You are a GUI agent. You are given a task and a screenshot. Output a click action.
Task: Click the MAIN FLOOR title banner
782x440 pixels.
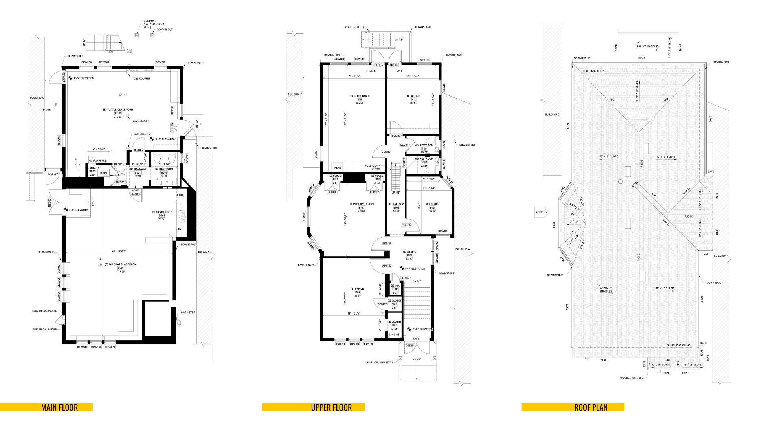coord(59,407)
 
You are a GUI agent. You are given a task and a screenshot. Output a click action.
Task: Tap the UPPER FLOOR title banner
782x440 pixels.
coord(331,407)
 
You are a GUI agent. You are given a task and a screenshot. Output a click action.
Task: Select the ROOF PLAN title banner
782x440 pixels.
coord(591,407)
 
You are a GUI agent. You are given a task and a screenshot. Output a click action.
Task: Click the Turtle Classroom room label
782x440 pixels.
coord(118,110)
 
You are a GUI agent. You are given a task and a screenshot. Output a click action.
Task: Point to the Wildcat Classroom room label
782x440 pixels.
coord(121,264)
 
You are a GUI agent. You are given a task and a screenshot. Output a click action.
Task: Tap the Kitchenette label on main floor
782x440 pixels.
coord(162,212)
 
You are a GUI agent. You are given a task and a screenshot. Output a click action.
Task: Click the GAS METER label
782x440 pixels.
coord(188,312)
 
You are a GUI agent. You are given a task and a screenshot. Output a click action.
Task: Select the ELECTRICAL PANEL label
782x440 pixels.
coord(44,311)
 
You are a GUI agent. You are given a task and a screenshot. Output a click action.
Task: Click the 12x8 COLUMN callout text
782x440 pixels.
coord(141,79)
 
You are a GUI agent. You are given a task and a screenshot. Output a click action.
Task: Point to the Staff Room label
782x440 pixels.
coord(360,96)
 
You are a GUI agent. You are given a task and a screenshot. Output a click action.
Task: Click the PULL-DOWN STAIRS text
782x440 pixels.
coord(373,167)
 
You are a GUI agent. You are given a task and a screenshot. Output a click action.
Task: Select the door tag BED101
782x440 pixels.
coord(410,345)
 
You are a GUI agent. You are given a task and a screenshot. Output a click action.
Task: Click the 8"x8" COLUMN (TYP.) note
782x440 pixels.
coord(380,362)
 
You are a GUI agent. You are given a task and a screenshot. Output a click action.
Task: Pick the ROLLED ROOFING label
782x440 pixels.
coord(647,46)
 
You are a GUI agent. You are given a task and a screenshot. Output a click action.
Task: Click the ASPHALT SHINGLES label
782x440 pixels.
coord(606,290)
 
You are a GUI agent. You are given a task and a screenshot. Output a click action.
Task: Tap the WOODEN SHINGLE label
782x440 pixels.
coord(632,378)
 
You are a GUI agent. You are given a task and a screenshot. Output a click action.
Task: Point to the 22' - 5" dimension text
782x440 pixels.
coord(123,95)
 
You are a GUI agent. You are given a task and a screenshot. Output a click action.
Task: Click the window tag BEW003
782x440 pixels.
coord(82,347)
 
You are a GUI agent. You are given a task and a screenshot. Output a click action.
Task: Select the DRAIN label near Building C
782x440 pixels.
coord(47,110)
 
